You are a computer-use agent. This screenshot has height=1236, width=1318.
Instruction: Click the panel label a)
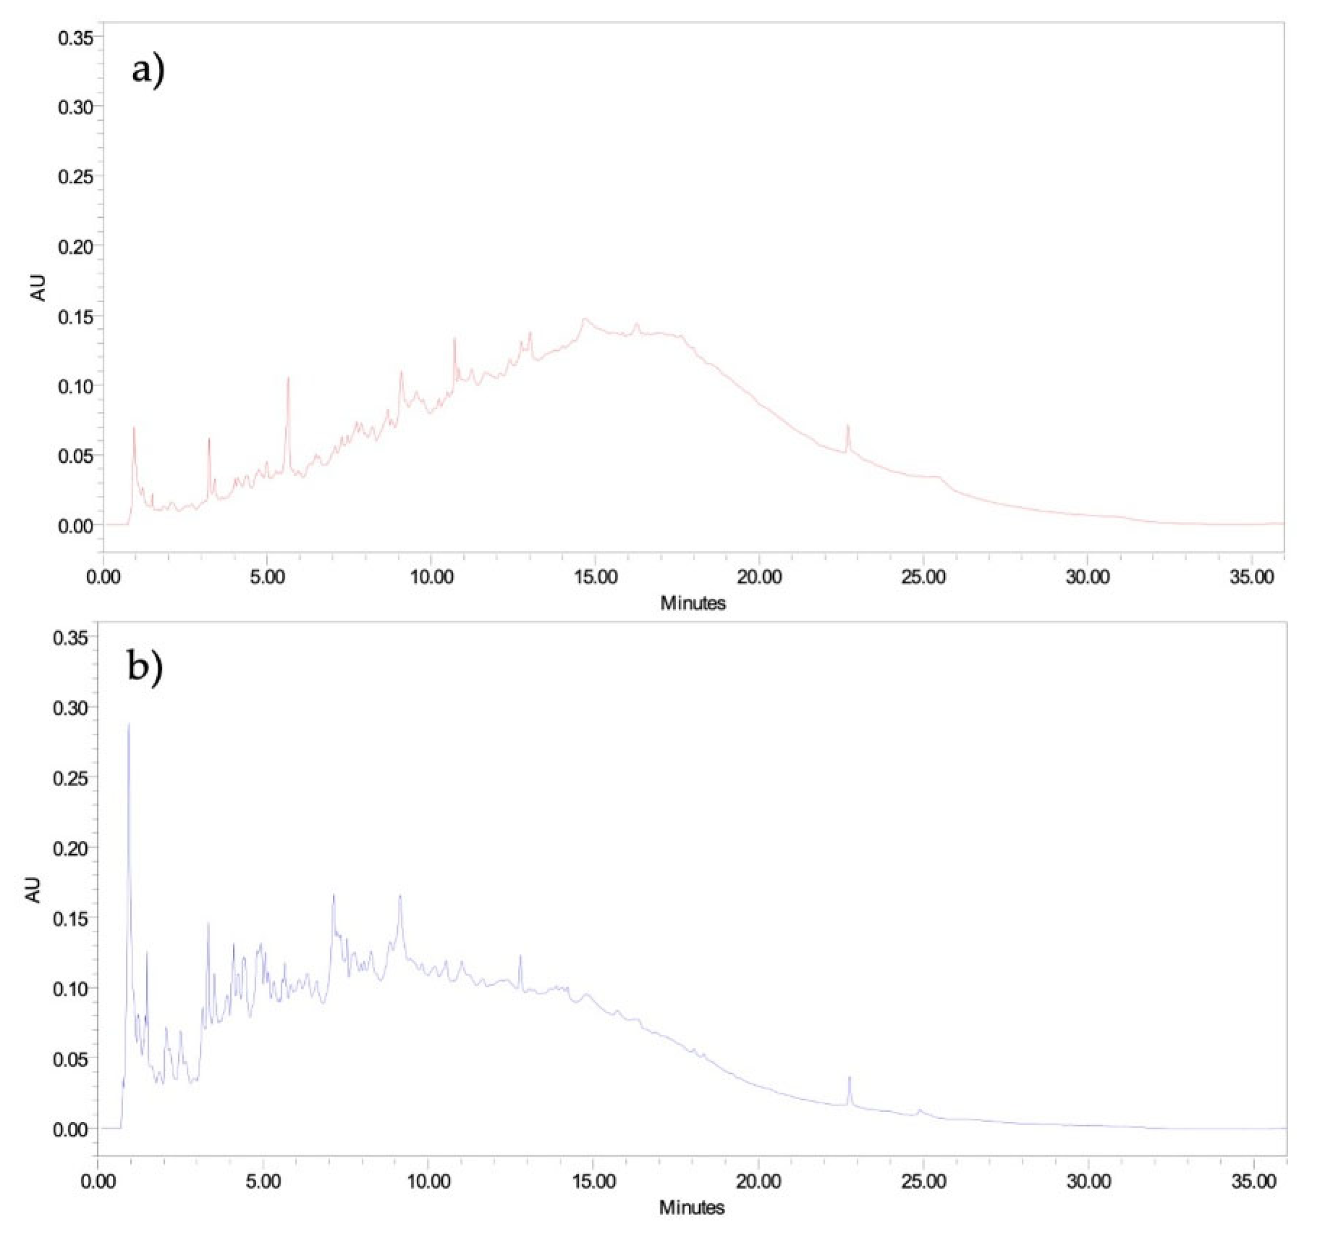tap(148, 69)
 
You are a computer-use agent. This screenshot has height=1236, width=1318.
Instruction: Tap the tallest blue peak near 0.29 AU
tap(129, 724)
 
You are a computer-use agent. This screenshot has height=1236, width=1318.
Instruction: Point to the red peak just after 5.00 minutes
tap(288, 378)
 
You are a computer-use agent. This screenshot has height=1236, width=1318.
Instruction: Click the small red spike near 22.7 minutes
tap(847, 426)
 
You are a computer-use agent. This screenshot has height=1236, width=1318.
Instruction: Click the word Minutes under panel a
tap(693, 603)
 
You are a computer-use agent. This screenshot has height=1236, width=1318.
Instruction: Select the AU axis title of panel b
tap(33, 889)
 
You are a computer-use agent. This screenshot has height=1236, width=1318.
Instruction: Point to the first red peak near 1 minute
tap(134, 428)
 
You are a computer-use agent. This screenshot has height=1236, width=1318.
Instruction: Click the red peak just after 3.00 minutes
tap(209, 439)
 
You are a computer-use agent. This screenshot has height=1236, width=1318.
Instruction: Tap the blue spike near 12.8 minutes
tap(520, 956)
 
